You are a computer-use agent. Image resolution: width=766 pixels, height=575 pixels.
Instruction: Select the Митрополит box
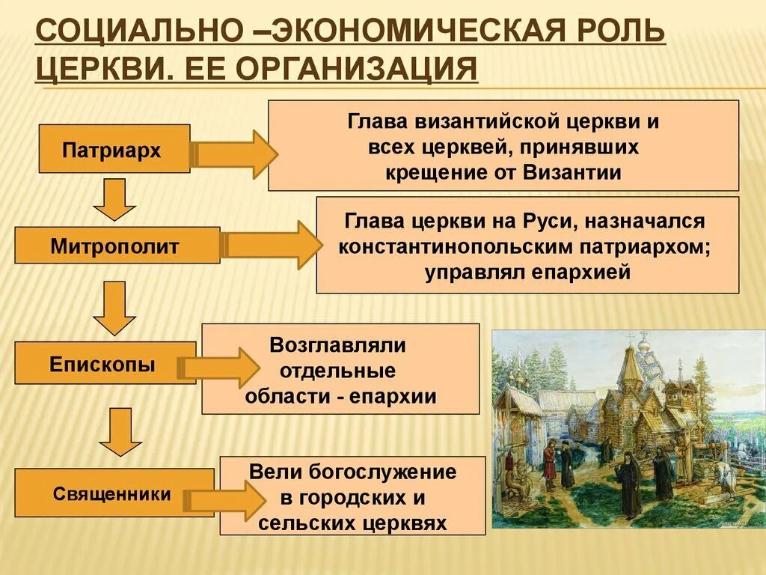[x=117, y=245]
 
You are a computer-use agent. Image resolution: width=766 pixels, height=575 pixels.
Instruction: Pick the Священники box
[x=112, y=493]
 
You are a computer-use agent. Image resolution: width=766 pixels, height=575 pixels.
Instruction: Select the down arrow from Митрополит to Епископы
[x=114, y=308]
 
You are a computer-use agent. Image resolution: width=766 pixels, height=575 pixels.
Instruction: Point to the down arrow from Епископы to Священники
[x=114, y=432]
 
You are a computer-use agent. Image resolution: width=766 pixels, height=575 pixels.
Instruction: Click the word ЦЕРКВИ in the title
[x=89, y=70]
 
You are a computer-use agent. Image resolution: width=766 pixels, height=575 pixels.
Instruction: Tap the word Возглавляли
[x=338, y=345]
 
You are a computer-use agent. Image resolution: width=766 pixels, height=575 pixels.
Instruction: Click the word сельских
[x=310, y=522]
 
